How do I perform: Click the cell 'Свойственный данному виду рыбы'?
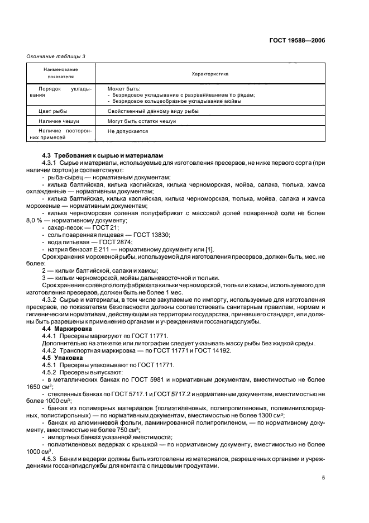(145, 111)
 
